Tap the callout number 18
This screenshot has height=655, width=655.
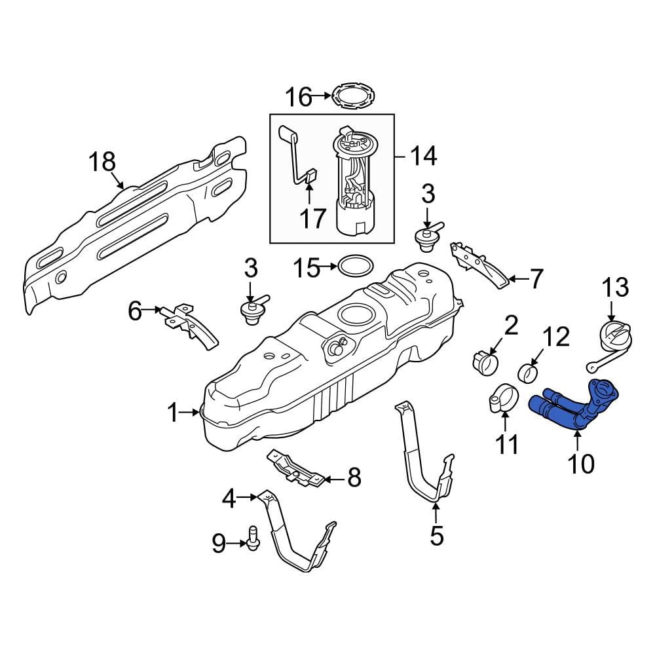tap(103, 161)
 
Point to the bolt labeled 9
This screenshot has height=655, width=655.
tap(253, 538)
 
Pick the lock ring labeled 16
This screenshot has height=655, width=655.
tap(352, 98)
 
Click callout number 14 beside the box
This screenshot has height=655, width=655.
tap(423, 157)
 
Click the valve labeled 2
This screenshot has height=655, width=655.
tap(485, 363)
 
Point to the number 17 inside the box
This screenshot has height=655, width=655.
tap(313, 219)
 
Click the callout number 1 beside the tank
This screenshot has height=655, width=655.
tap(172, 413)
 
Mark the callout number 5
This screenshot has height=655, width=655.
tap(436, 536)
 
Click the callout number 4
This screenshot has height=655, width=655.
tap(229, 498)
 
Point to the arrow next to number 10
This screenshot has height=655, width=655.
tap(577, 440)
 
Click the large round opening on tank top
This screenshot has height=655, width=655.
tap(355, 314)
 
